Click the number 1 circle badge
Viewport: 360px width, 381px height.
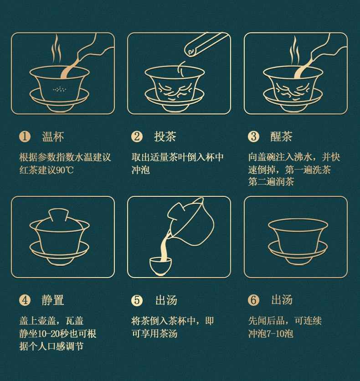click(25, 136)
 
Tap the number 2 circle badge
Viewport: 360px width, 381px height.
click(137, 136)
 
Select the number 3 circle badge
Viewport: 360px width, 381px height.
click(254, 136)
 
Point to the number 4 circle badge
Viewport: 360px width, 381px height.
click(25, 300)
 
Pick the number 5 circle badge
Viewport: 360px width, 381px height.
click(137, 300)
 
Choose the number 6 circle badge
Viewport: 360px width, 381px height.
click(254, 300)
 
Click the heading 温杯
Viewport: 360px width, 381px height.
click(53, 137)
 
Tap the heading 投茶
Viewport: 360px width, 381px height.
click(165, 137)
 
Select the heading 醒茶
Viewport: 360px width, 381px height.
click(281, 137)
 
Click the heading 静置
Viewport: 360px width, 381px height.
click(53, 300)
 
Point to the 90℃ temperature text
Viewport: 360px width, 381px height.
click(65, 170)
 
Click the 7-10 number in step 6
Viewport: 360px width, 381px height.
click(275, 334)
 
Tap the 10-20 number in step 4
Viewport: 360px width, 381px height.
click(49, 334)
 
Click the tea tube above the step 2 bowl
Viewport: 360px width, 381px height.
click(206, 44)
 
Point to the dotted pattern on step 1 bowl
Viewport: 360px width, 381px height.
click(60, 89)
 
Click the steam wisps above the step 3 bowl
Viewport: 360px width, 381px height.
click(294, 51)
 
